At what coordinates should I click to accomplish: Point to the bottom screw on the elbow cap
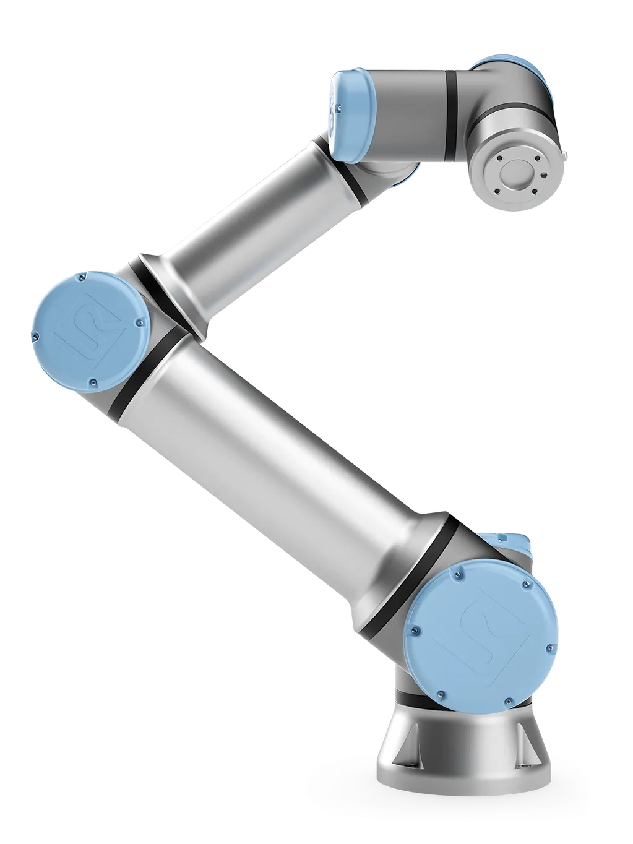point(91,382)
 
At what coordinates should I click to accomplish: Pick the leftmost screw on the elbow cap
point(35,335)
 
